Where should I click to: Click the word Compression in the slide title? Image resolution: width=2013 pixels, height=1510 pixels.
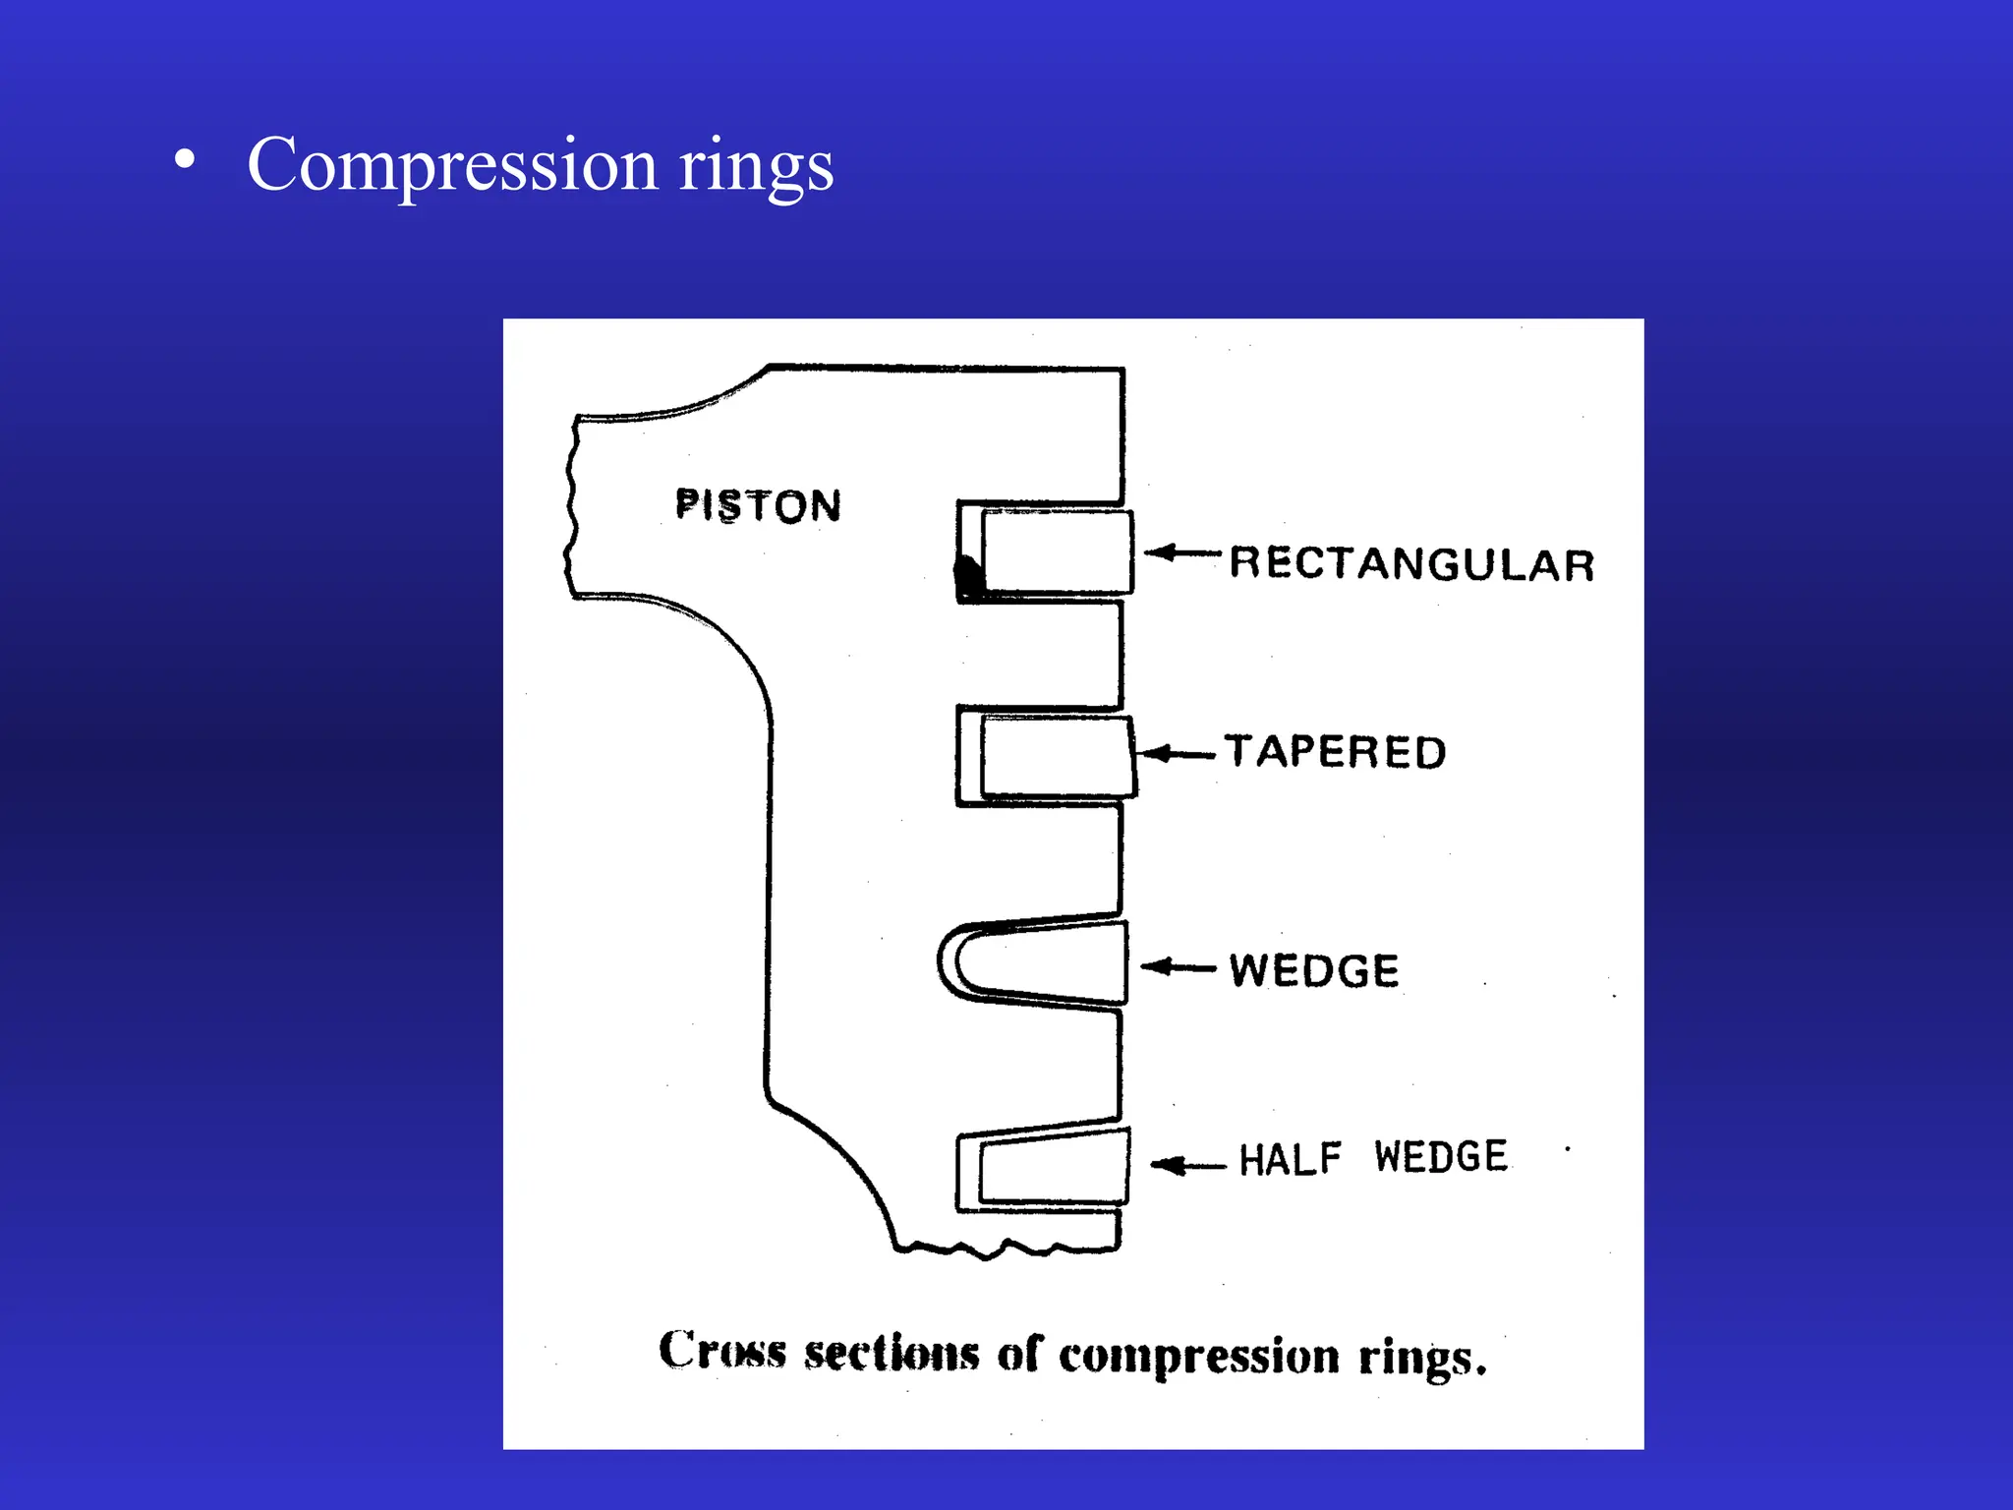[x=452, y=165]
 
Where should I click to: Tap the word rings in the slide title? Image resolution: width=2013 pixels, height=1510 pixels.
[x=756, y=167]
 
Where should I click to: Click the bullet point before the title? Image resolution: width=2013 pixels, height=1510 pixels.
[x=183, y=159]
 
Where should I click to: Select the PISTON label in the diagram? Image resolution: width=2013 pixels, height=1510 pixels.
[x=758, y=506]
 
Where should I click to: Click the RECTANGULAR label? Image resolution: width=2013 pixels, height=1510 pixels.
[x=1411, y=564]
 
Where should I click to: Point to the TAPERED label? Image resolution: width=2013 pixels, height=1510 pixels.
[x=1335, y=752]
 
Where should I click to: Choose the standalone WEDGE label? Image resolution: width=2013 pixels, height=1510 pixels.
[x=1314, y=970]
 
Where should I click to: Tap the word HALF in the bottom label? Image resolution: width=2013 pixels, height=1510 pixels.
[x=1290, y=1160]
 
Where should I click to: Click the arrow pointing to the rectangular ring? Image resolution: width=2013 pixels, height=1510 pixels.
[x=1181, y=552]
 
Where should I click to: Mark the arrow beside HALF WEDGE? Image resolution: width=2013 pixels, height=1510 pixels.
[x=1188, y=1166]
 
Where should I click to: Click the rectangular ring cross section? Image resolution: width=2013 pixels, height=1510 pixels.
[x=1057, y=552]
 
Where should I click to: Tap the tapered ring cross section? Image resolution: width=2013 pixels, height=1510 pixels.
[x=1057, y=756]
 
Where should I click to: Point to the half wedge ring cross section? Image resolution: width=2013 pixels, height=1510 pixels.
[x=1054, y=1168]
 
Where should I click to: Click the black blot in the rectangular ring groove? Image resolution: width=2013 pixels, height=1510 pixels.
[x=969, y=576]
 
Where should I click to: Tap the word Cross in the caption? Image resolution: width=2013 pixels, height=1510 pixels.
[x=722, y=1350]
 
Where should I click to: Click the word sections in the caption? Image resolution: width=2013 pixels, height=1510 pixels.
[x=891, y=1353]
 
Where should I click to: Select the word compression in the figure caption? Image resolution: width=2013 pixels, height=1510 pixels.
[x=1198, y=1357]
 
